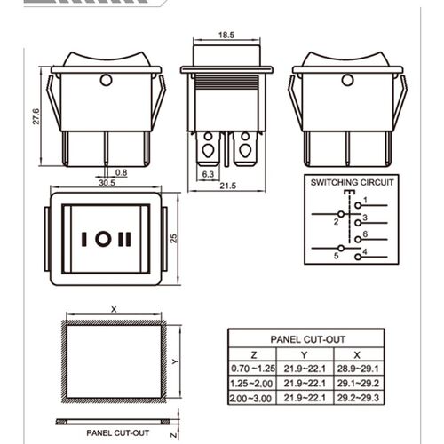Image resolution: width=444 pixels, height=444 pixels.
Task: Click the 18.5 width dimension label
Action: (226, 35)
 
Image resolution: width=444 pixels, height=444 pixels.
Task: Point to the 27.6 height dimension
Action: (36, 116)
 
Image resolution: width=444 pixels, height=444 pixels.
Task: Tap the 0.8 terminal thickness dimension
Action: (121, 172)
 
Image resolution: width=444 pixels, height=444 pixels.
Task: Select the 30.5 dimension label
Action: (107, 183)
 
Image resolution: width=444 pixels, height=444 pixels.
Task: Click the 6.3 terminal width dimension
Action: (208, 174)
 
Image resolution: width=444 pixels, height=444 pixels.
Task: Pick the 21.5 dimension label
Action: (228, 186)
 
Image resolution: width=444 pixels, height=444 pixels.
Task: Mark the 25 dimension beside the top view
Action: (173, 239)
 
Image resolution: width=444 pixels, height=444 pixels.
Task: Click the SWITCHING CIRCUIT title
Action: (352, 182)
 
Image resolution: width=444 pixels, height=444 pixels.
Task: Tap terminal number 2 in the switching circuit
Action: (336, 222)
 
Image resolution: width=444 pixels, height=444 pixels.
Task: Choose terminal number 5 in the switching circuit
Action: (336, 256)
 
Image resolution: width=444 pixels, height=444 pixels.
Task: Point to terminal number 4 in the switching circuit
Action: (365, 252)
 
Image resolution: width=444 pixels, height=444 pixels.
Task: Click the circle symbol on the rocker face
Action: (103, 239)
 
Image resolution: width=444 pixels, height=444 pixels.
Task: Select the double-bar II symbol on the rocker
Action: (124, 239)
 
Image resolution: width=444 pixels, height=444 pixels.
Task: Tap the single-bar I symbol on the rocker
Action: (84, 239)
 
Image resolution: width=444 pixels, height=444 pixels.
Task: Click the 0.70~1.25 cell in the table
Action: (253, 369)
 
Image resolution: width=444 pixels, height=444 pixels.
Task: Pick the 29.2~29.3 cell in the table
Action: (358, 398)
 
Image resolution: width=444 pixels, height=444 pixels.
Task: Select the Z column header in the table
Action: (254, 354)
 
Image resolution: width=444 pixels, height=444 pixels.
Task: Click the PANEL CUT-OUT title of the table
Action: (308, 339)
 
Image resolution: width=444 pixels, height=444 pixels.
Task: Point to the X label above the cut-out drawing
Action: (114, 309)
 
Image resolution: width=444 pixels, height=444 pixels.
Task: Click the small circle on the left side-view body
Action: (106, 80)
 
